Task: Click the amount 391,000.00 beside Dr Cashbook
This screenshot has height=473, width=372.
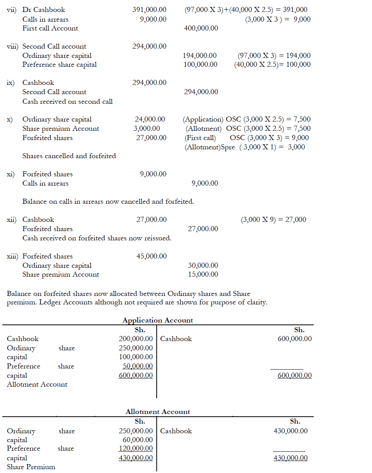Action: point(149,10)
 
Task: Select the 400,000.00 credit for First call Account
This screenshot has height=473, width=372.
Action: point(201,28)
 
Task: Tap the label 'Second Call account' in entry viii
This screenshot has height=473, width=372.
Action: point(54,46)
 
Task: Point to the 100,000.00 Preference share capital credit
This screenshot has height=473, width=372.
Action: point(200,64)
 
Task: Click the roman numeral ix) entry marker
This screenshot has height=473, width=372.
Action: point(11,83)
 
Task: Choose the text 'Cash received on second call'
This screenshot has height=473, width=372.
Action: point(68,101)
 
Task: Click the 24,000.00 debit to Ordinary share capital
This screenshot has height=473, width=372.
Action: point(150,119)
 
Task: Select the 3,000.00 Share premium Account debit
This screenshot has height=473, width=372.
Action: point(147,128)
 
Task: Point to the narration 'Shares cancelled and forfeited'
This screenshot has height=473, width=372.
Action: point(69,156)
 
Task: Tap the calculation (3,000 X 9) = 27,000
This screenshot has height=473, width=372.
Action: point(273,220)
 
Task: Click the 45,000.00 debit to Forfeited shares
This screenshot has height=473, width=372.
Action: point(151,256)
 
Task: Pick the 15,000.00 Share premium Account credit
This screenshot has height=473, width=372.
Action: point(203,274)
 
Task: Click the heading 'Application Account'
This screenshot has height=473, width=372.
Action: point(157,320)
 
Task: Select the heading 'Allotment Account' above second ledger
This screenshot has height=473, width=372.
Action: point(157,412)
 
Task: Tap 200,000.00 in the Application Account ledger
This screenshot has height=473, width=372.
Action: point(135,339)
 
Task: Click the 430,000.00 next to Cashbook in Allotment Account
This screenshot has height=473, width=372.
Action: point(291,431)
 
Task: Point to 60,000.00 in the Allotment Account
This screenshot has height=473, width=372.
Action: point(137,439)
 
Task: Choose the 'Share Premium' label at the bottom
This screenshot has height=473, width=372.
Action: point(31,467)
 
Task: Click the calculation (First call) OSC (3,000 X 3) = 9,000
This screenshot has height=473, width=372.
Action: point(246,138)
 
